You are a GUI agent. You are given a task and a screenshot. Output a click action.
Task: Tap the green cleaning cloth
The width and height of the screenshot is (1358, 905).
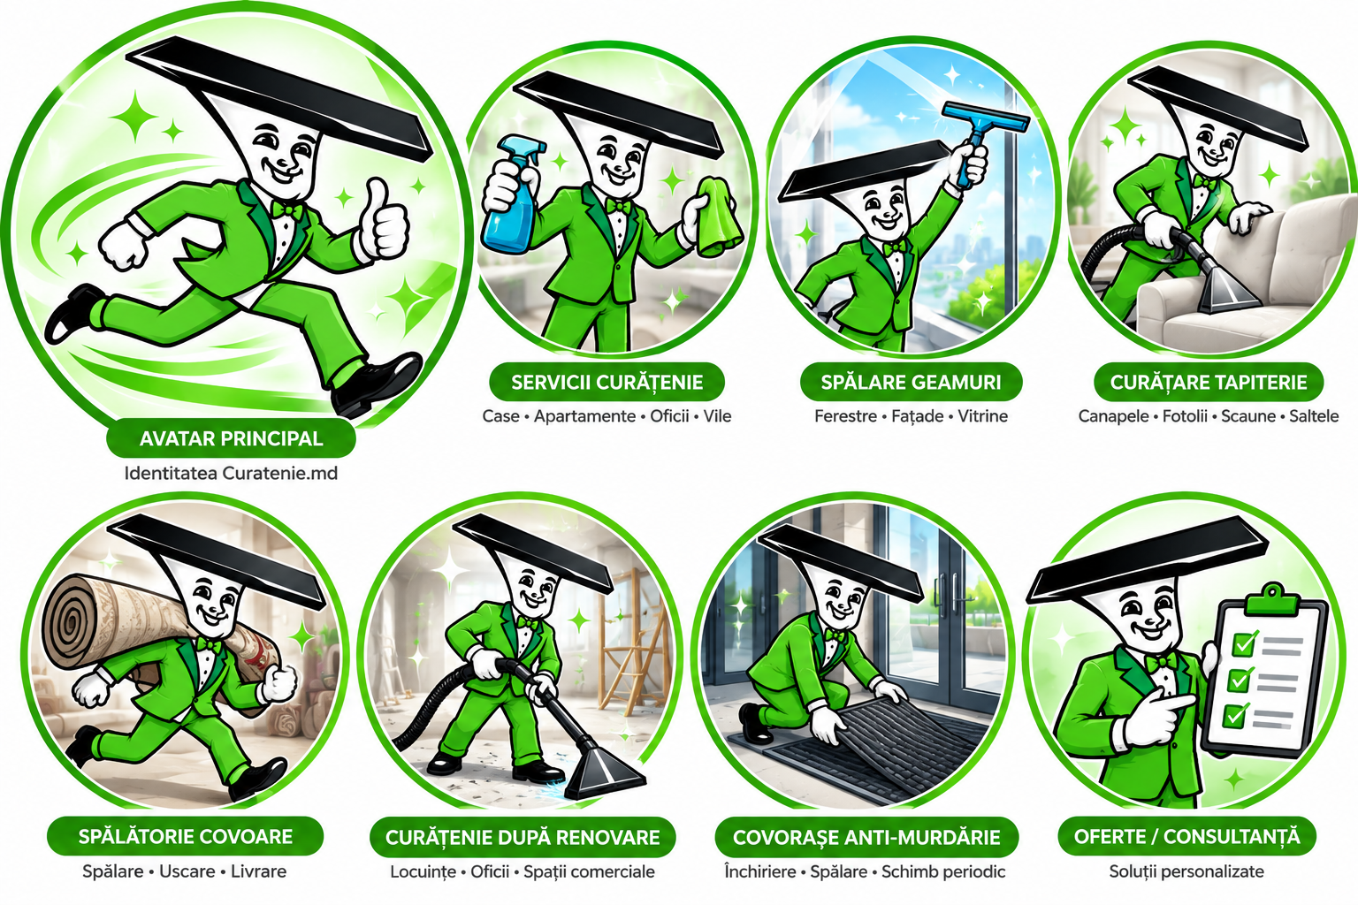[x=720, y=215]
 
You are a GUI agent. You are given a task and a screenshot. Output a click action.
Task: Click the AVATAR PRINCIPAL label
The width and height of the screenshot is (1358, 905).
[x=231, y=438]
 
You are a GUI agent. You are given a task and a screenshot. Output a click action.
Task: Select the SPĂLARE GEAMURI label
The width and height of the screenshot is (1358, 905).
[x=912, y=383]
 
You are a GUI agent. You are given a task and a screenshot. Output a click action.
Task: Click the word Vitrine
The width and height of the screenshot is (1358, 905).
[x=982, y=416]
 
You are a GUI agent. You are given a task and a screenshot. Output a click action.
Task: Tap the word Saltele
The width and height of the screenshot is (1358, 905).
[x=1314, y=416]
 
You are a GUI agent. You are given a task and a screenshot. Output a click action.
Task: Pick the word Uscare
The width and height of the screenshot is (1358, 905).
[x=187, y=871]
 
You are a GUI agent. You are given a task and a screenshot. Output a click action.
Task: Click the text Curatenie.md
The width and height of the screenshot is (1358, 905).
[x=280, y=473]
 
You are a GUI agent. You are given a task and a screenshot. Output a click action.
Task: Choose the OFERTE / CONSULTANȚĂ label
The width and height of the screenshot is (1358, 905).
[x=1187, y=836]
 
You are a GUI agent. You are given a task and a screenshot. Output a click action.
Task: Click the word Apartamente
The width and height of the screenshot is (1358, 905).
[x=584, y=416]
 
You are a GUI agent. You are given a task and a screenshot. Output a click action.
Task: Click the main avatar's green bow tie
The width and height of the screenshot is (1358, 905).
[x=286, y=210]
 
